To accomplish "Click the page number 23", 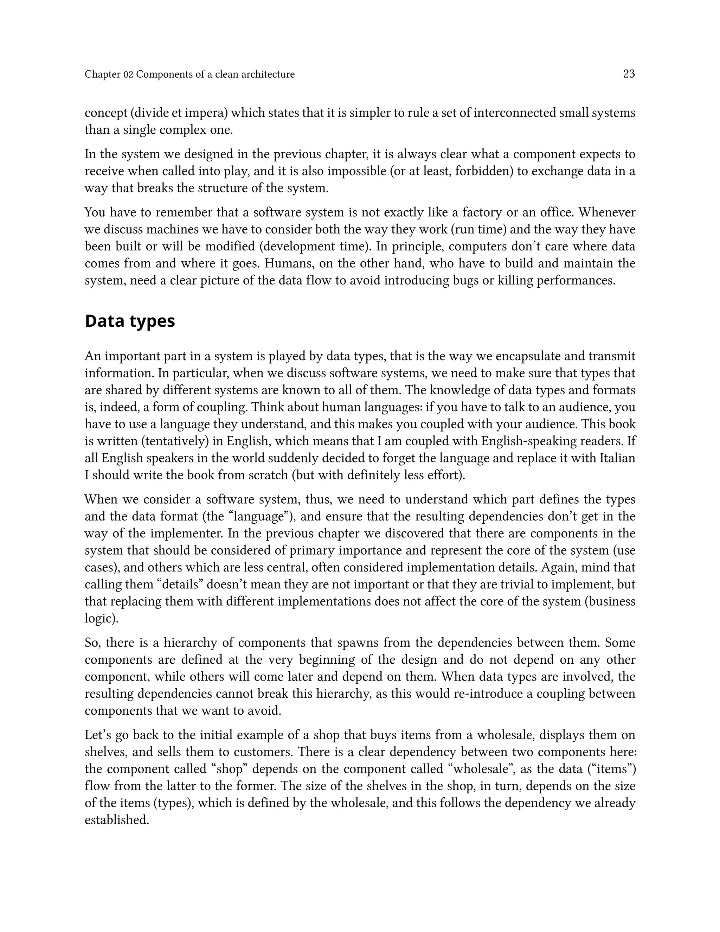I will [x=629, y=74].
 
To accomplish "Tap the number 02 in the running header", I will [x=128, y=75].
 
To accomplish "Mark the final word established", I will [x=116, y=820].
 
